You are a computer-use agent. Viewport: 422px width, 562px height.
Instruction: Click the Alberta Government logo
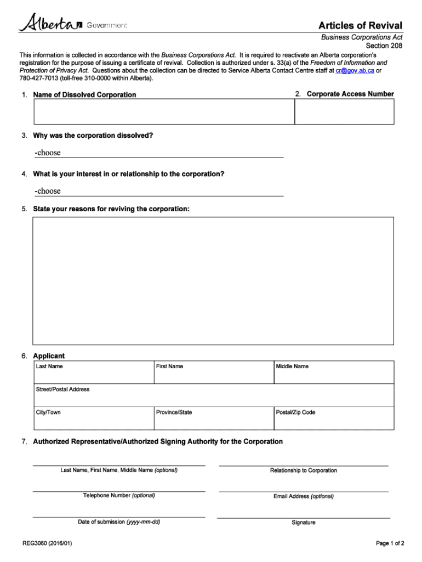click(73, 24)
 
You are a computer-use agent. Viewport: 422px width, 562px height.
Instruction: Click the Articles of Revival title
click(361, 26)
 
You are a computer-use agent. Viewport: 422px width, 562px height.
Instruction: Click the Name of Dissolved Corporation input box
click(164, 112)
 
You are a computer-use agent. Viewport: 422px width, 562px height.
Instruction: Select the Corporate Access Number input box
click(344, 112)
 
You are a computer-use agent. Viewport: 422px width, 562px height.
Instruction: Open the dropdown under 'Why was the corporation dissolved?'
click(158, 153)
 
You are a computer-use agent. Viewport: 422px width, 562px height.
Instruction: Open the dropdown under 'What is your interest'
click(158, 191)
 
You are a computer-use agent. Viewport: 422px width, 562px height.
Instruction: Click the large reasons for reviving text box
click(213, 280)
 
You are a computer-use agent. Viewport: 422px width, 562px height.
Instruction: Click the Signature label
click(303, 522)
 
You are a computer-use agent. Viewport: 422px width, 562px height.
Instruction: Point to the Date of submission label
click(119, 522)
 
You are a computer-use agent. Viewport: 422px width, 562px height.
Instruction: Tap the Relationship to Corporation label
click(304, 470)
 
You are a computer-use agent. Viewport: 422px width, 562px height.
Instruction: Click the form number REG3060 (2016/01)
click(47, 543)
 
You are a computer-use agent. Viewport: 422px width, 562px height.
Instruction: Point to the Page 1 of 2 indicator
click(390, 543)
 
